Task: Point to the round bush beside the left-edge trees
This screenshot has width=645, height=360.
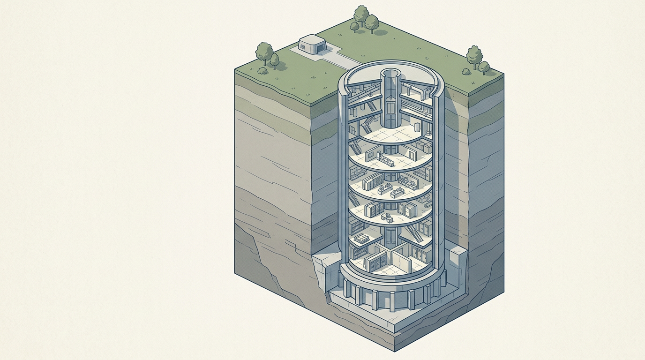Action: coord(262,71)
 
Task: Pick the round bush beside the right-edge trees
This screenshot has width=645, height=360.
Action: coord(466,72)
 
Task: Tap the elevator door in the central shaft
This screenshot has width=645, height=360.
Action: coord(390,108)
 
